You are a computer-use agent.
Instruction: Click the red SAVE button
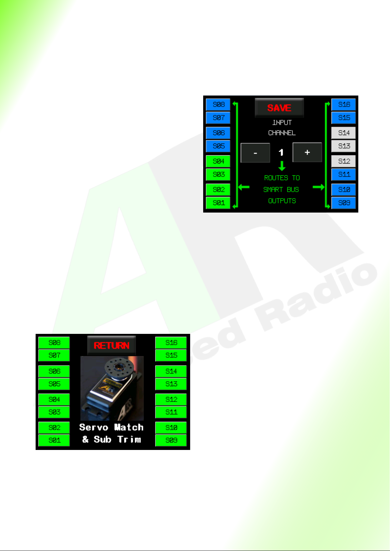coord(279,108)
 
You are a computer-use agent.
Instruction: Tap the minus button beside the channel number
coord(255,153)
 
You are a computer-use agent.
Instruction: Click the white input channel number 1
coord(281,152)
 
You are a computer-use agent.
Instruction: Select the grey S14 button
coord(344,133)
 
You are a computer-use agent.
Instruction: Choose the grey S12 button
coord(344,161)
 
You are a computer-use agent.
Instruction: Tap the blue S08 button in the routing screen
coord(218,105)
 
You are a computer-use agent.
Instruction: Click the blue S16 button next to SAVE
coord(344,105)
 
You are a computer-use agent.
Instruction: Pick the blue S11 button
coord(344,174)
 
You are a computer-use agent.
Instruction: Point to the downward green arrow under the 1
coord(282,166)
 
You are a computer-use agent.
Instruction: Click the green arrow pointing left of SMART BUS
coord(244,187)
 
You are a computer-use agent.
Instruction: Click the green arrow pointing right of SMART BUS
coord(319,187)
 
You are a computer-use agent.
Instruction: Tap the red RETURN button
coord(112,345)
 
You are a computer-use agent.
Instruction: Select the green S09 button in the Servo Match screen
coord(171,440)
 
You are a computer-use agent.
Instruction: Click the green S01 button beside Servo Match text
coord(54,440)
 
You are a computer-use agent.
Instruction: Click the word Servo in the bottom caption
coord(94,427)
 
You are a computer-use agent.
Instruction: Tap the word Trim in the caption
coord(129,439)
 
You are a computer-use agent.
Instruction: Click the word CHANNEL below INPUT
coord(282,133)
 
